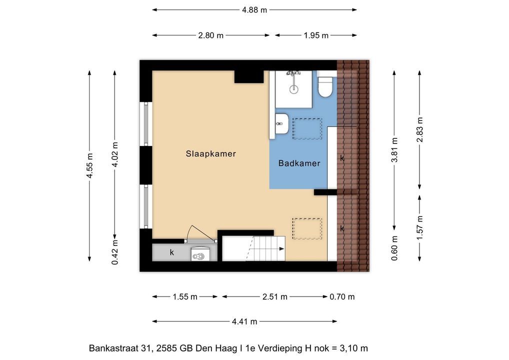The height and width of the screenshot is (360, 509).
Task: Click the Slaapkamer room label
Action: click(210, 153)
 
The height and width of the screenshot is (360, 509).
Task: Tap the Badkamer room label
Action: click(299, 163)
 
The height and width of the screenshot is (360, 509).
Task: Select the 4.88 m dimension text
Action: click(254, 10)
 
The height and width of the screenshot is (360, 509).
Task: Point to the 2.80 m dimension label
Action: click(210, 35)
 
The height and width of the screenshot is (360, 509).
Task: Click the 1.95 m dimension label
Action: click(316, 35)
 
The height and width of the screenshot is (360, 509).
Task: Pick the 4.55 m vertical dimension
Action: click(89, 165)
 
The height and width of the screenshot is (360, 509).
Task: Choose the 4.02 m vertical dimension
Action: click(115, 154)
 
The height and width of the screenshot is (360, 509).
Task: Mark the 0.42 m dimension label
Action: click(115, 252)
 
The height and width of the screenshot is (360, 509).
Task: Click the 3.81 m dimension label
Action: click(394, 150)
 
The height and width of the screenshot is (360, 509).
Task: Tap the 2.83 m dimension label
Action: click(419, 129)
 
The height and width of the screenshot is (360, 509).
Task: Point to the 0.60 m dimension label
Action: click(394, 248)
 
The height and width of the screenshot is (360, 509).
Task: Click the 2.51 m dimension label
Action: click(275, 296)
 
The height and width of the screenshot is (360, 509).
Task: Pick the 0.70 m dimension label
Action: click(342, 296)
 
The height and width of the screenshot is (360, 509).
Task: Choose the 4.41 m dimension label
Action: click(244, 321)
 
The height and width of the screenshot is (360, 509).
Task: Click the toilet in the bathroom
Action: click(325, 84)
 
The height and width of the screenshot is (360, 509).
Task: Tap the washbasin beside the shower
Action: click(282, 123)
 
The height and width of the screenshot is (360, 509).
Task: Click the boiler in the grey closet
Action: click(200, 254)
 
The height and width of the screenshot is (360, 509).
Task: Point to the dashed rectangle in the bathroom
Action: click(307, 129)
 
